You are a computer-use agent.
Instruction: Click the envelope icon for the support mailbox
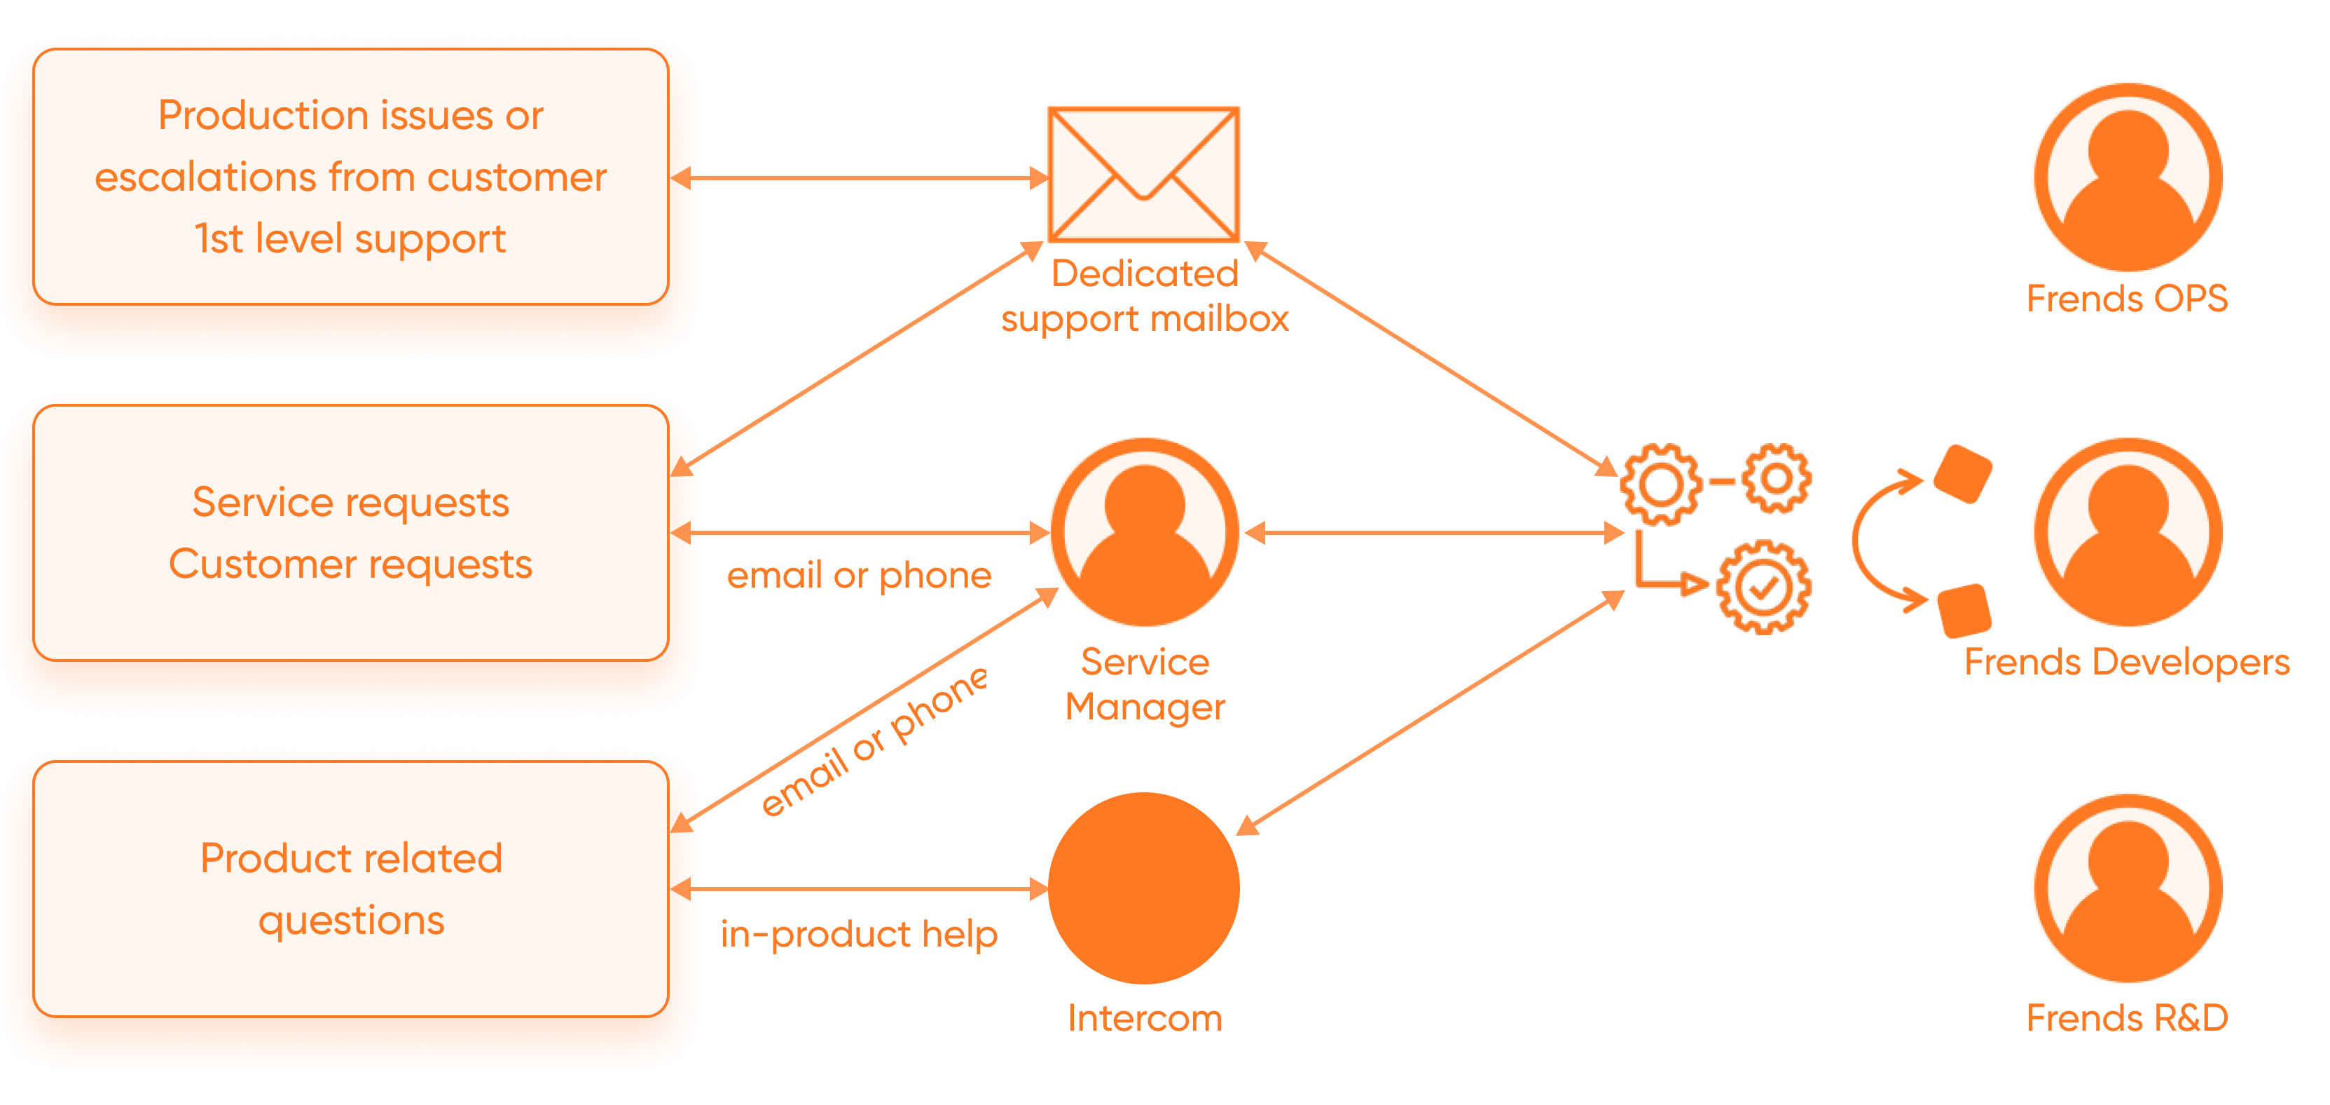coord(1143,175)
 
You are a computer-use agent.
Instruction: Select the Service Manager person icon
coord(1145,532)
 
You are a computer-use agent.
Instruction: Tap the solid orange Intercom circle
coord(1144,888)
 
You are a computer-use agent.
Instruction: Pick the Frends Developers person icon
coord(2128,532)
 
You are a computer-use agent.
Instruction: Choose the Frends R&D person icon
coord(2128,888)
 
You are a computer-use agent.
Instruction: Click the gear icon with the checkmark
coord(1764,588)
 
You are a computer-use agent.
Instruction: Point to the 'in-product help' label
coord(858,935)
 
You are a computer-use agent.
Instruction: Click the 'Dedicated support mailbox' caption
coord(1144,296)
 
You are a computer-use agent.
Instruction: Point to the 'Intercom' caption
coord(1144,1018)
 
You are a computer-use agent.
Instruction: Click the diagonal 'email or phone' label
coord(874,741)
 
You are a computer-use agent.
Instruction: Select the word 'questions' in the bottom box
coord(351,921)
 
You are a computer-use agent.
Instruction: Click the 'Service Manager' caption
coord(1144,684)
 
